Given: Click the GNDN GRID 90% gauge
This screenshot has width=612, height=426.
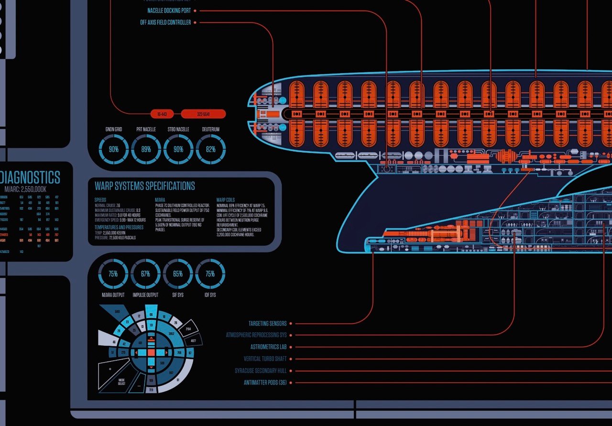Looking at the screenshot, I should coord(113,149).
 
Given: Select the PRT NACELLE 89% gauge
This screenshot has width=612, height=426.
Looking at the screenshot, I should coord(146,149).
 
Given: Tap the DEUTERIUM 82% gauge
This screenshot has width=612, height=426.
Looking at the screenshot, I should coord(210,149).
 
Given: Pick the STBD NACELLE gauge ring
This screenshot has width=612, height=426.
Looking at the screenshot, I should coord(178,149).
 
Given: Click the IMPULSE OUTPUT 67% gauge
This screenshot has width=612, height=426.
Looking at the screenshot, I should coord(145,274).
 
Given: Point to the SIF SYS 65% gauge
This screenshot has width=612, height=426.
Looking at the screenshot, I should coord(178,274).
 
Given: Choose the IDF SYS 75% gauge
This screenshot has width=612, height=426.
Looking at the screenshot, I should coord(210,274).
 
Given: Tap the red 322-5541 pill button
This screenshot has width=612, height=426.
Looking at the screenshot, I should coord(203,114).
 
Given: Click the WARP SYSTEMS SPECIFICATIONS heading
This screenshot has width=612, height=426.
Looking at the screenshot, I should coord(144,186).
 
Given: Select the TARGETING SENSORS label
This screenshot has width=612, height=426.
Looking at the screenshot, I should coord(267,324).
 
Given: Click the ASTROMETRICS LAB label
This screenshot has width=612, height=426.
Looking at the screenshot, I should coord(268,347).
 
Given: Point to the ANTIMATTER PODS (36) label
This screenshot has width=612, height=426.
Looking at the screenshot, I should coord(265,382).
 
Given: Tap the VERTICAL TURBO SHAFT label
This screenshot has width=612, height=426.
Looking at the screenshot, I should coord(265,359).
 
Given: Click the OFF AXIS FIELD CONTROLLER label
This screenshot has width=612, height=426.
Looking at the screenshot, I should coord(165,22).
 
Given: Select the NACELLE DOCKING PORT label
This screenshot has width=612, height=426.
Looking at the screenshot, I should coord(169,11).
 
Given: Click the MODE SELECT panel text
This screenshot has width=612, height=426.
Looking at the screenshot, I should coord(121,382).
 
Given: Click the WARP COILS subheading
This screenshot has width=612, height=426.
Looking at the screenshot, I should coord(225,200).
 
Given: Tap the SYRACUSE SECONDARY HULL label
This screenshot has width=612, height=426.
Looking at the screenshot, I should coord(261,371).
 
